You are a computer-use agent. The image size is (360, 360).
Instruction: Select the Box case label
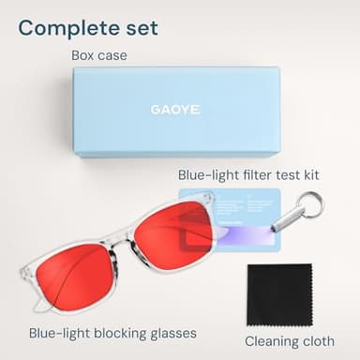click(x=98, y=55)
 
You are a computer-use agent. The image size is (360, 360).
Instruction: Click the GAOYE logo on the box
click(x=175, y=109)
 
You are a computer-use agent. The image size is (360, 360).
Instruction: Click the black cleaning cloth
click(x=278, y=293)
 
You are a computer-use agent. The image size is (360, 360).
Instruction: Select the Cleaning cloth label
click(x=289, y=340)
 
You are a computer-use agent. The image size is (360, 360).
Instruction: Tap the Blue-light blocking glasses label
click(x=112, y=333)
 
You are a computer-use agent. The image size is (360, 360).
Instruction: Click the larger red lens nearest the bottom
click(x=75, y=277)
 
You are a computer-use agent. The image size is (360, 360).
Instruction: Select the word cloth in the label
click(x=317, y=340)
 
